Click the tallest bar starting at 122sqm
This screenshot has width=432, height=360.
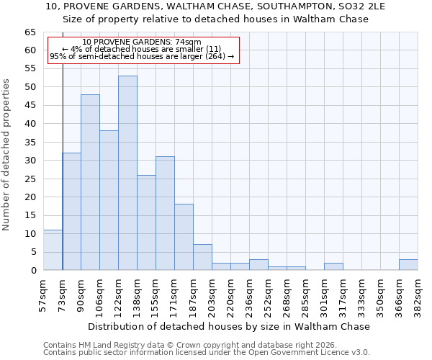click(127, 173)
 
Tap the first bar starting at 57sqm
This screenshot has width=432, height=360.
click(53, 250)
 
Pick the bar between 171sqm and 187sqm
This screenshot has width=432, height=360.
click(184, 237)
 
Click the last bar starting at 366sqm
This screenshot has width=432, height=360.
click(408, 264)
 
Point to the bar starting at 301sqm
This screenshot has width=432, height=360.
click(333, 266)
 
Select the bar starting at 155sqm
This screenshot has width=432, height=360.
click(165, 213)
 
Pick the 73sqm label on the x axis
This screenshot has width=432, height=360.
click(63, 294)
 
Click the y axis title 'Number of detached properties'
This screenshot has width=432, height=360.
click(7, 155)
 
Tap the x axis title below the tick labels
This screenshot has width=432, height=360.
click(230, 326)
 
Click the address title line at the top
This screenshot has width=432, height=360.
click(215, 6)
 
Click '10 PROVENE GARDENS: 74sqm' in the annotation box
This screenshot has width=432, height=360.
click(142, 42)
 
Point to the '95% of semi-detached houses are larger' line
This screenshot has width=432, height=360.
click(142, 56)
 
